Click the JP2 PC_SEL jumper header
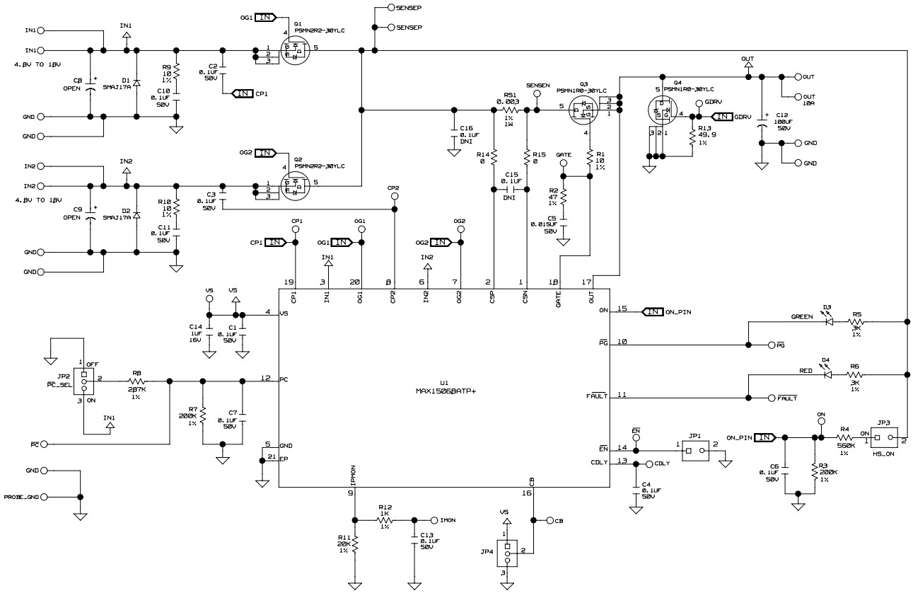click(83, 381)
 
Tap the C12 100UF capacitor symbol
click(762, 125)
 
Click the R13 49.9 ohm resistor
click(692, 139)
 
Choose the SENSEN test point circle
click(537, 93)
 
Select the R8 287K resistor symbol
click(136, 381)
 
